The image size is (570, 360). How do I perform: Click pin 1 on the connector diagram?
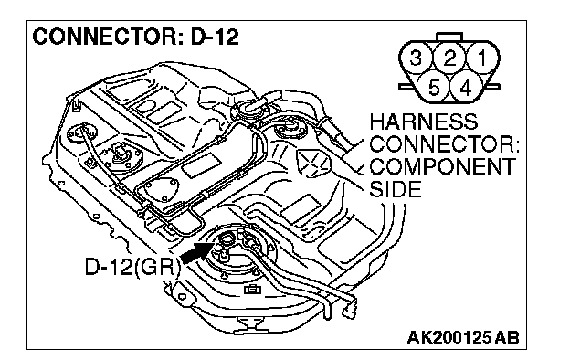483,58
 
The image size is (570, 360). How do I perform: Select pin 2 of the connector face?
449,58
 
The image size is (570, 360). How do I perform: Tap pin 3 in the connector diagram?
416,58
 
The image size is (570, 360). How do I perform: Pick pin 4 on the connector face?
466,88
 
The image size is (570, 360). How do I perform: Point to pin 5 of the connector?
433,88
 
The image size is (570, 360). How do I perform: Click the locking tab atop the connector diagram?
449,37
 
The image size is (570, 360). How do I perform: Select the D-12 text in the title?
215,37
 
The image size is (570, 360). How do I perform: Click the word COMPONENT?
443,166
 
